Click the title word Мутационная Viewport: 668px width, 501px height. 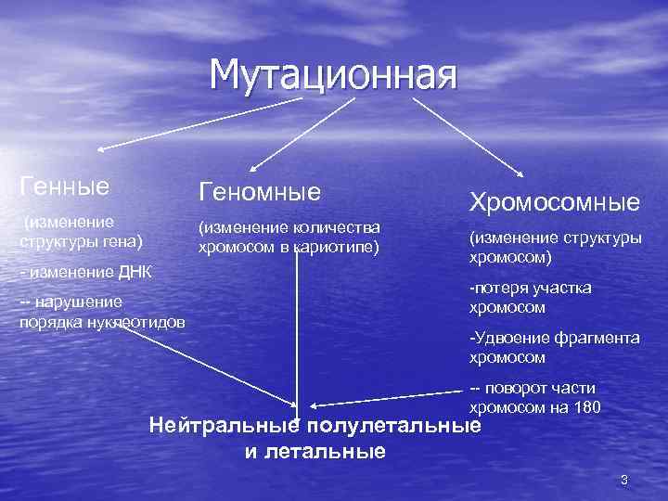333,75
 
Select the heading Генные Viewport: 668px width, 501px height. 64,186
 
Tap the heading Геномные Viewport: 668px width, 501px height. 259,191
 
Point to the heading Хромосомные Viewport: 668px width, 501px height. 554,202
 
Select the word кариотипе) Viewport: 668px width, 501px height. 338,247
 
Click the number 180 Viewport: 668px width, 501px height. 586,407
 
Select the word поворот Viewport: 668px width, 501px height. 521,388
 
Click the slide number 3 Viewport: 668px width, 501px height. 624,480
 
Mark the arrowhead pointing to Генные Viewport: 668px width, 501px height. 101,148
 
